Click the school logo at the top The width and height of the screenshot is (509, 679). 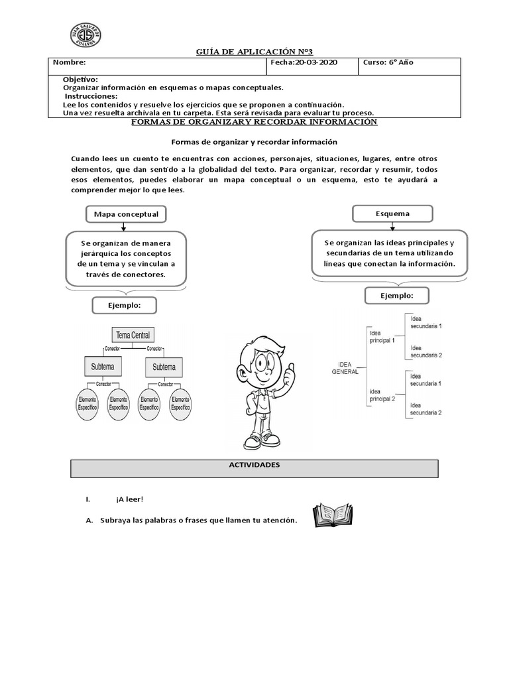[85, 36]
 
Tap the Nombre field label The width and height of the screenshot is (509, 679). [70, 63]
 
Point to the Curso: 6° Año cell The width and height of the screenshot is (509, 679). [388, 63]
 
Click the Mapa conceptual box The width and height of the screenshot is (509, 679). [126, 214]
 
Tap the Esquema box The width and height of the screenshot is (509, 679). [392, 214]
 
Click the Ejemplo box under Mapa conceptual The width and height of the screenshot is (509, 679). [125, 306]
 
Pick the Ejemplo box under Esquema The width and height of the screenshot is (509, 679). [397, 295]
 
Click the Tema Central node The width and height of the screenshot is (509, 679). [133, 336]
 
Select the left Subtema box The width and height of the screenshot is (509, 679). [103, 367]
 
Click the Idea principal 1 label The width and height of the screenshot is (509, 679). [382, 337]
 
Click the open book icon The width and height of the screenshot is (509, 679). [333, 515]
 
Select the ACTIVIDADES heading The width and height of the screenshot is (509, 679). [254, 465]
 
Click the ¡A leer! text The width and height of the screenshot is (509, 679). [129, 499]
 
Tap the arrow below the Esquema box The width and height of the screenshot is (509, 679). [392, 227]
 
